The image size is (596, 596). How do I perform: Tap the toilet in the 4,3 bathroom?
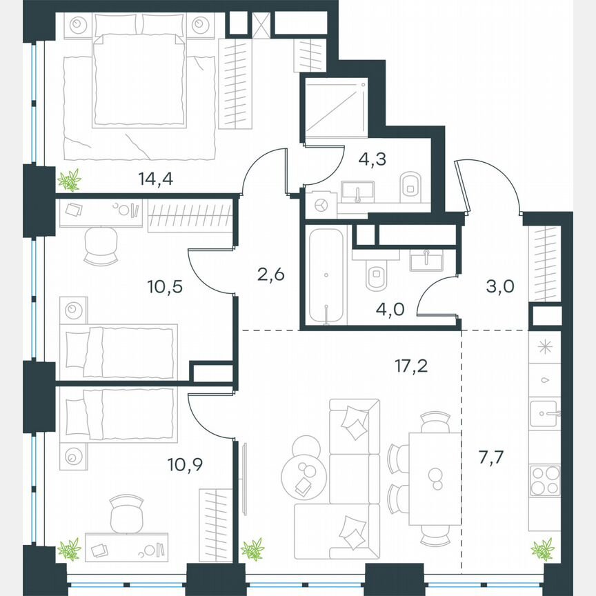(410, 184)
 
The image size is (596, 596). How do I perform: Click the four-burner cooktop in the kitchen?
(544, 480)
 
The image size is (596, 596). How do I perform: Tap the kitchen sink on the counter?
(544, 414)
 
